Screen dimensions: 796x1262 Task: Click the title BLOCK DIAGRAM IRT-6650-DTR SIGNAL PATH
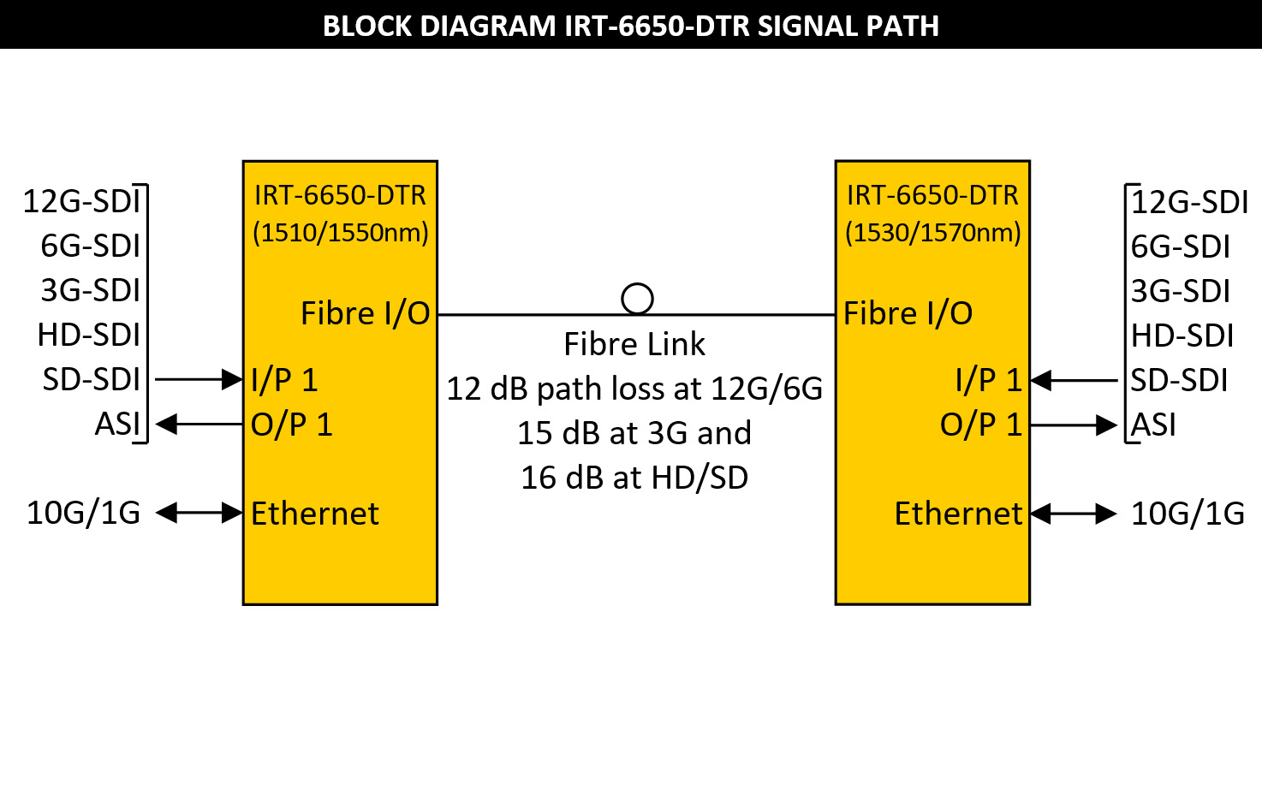(631, 26)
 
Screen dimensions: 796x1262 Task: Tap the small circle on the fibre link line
(637, 299)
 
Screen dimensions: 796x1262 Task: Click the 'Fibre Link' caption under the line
(634, 344)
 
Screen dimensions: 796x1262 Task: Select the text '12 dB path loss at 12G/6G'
(634, 389)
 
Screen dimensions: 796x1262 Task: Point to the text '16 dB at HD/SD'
(634, 478)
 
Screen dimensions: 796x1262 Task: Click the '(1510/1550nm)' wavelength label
(341, 233)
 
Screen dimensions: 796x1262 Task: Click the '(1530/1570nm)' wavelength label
(933, 233)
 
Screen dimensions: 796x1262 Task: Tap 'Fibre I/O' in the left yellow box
(366, 313)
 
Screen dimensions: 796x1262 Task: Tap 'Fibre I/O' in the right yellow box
(908, 313)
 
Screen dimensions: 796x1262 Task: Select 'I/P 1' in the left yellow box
(284, 380)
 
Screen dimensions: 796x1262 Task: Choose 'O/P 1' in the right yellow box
(981, 425)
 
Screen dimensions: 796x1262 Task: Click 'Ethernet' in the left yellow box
(315, 514)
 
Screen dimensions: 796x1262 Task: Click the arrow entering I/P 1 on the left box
(199, 379)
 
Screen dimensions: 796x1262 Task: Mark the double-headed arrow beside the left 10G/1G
(199, 513)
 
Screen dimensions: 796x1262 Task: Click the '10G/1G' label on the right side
(1188, 514)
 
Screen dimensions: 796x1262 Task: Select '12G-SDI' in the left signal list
(81, 201)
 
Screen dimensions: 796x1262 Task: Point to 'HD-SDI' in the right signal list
(1182, 336)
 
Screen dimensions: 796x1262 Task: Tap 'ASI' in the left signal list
(117, 425)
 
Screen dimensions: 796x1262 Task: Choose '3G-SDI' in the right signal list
(1181, 291)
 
